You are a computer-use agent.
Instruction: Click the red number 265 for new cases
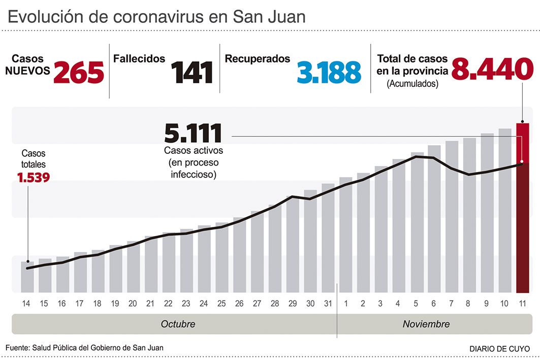[x=79, y=72]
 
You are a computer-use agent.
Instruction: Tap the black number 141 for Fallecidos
[x=192, y=72]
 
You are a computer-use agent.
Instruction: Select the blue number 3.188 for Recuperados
[x=329, y=72]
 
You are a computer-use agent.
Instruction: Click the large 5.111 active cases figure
[x=193, y=133]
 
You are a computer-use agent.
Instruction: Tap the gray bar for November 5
[x=417, y=223]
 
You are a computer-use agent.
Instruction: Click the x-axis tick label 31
[x=328, y=304]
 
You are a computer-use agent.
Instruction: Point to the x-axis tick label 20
[x=133, y=304]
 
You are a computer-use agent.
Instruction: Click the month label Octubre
[x=178, y=324]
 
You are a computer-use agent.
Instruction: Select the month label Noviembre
[x=426, y=324]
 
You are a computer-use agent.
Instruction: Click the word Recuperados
[x=257, y=59]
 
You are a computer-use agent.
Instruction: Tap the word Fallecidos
[x=139, y=59]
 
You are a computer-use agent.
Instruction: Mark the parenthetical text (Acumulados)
[x=412, y=84]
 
